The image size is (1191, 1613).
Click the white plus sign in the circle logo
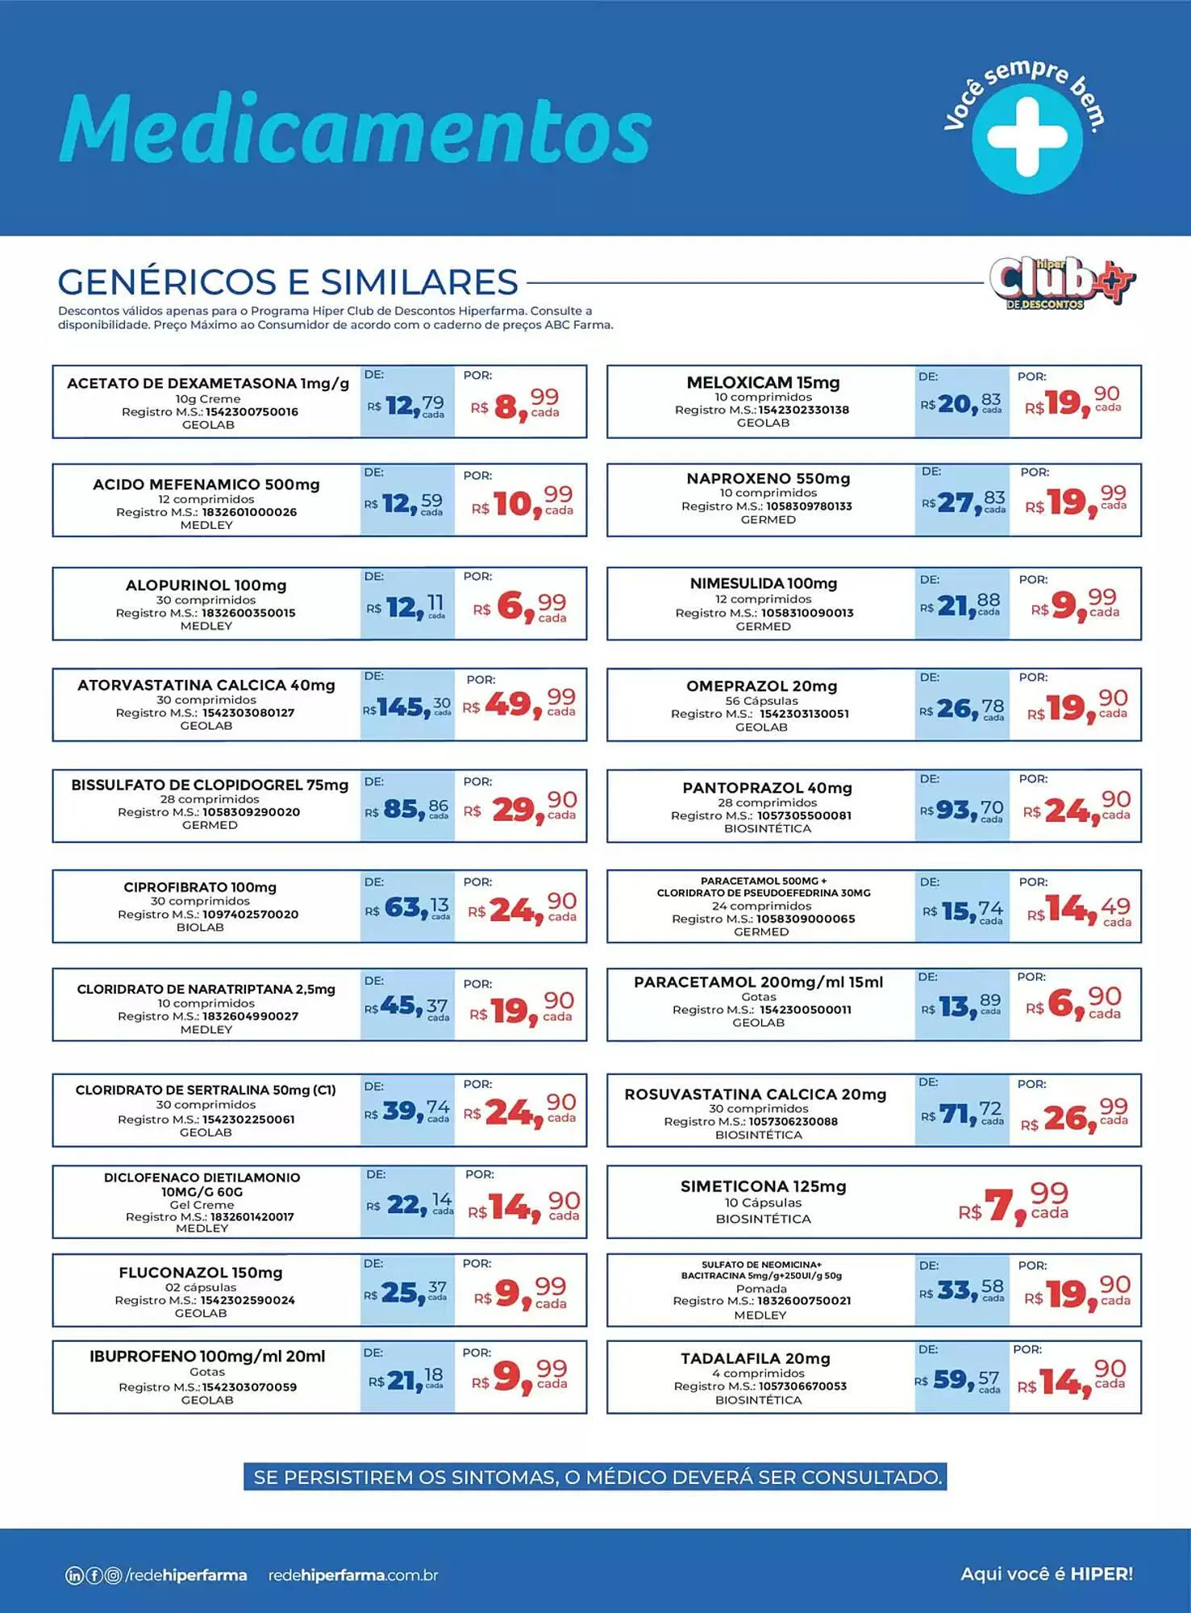pos(1027,137)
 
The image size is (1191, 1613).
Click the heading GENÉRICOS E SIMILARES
pos(288,282)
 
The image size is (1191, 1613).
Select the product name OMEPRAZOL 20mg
pos(761,686)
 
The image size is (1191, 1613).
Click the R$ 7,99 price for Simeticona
pos(1014,1204)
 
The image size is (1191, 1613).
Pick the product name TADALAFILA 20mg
pos(755,1359)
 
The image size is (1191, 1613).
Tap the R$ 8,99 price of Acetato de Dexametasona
pos(520,404)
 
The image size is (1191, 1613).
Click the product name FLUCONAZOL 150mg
pos(201,1273)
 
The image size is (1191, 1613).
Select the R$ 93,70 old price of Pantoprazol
pos(962,809)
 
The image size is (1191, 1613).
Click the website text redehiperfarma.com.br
pos(353,1575)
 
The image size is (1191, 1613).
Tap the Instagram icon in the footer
pos(114,1575)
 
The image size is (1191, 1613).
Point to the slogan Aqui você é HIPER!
pos(1046,1573)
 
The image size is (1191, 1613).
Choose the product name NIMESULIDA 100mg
pos(763,583)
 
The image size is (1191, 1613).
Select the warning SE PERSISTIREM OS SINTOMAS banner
pos(595,1477)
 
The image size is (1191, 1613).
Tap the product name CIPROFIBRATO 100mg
pos(200,887)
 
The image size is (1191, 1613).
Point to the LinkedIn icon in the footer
pos(73,1575)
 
